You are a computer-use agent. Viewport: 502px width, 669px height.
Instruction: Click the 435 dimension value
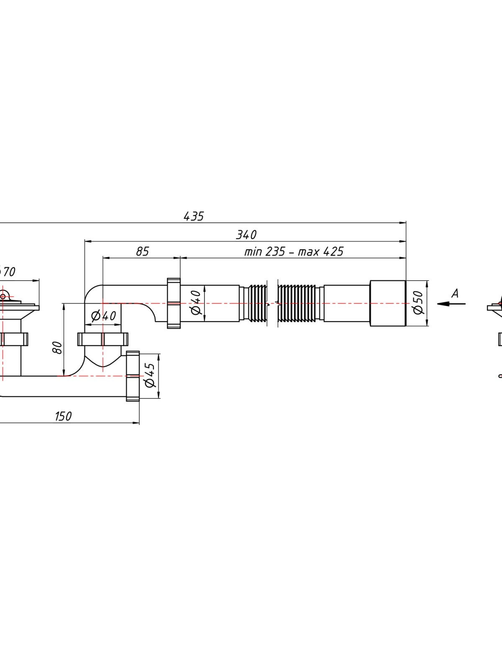194,216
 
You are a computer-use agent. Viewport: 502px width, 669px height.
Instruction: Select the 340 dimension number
246,235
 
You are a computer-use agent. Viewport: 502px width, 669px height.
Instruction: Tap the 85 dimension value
142,251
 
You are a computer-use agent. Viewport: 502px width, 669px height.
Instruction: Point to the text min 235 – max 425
294,251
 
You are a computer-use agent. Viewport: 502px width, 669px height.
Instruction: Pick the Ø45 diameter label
150,375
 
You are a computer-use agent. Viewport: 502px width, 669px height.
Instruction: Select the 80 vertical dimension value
58,348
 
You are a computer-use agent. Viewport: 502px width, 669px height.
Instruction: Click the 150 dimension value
64,416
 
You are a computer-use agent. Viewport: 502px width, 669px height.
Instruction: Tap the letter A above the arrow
455,294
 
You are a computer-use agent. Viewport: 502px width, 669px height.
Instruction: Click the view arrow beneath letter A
451,304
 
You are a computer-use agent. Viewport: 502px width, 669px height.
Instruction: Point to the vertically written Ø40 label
196,302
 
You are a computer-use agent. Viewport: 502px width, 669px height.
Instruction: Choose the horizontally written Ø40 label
104,316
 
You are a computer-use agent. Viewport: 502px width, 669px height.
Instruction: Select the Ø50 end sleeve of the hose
388,303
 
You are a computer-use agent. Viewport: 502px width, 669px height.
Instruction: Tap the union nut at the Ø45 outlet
133,376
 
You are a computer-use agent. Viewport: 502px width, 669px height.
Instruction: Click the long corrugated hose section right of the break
299,303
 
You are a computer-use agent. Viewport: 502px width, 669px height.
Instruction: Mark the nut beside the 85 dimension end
174,303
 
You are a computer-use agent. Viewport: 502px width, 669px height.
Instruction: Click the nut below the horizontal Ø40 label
103,339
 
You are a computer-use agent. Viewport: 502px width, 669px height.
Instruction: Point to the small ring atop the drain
3,296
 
